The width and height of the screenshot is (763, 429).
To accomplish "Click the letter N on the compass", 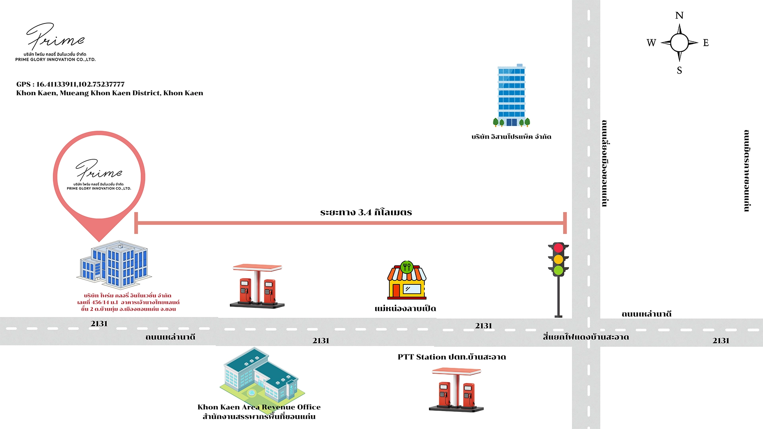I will (679, 15).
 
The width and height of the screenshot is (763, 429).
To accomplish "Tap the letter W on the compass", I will (651, 43).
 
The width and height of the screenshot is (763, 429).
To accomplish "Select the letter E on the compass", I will (706, 43).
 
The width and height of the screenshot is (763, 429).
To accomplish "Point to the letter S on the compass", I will (679, 70).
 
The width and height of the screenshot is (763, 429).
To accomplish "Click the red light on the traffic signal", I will (558, 248).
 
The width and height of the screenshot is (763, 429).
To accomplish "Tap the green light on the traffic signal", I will (558, 271).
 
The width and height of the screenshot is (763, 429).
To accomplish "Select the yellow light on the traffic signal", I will (558, 259).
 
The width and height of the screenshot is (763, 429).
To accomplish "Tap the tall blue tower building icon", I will (511, 95).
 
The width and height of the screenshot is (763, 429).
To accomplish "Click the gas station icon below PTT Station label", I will (456, 389).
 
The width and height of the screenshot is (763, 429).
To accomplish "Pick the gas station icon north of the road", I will (257, 286).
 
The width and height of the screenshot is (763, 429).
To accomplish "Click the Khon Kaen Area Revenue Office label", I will (259, 407).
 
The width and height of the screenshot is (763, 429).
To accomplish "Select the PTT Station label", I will (451, 357).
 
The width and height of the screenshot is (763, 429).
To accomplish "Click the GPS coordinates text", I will (70, 84).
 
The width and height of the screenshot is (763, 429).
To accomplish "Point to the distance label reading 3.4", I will (366, 212).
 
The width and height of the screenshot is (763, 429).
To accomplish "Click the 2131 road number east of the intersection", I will (720, 340).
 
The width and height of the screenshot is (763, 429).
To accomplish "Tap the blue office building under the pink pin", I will (114, 265).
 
